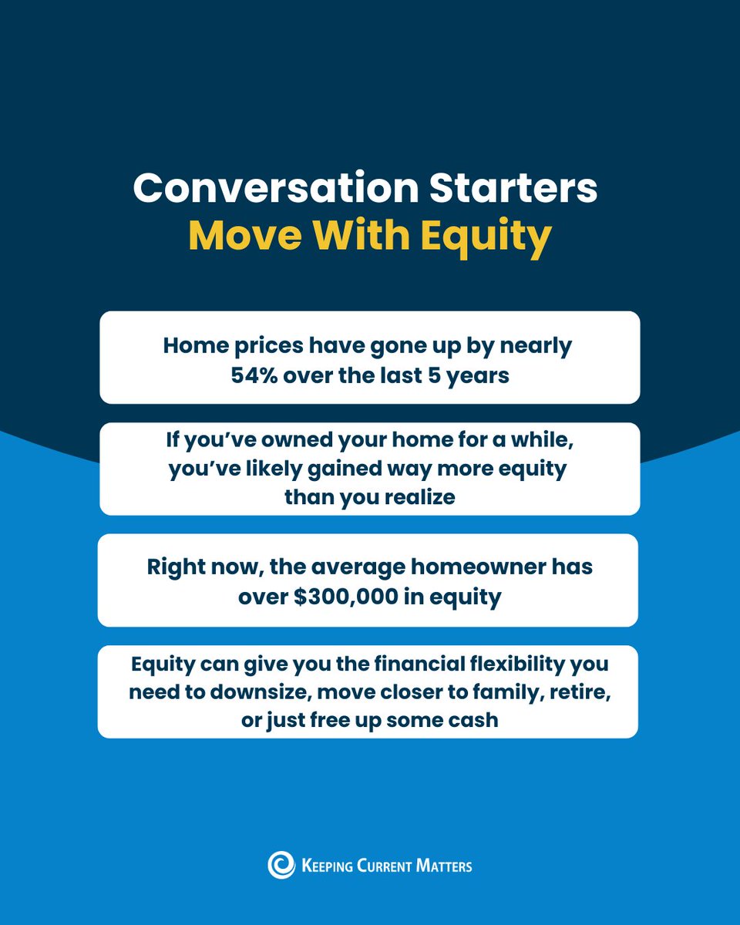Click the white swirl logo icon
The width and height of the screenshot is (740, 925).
point(281,865)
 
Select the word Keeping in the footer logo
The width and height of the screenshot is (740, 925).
point(326,866)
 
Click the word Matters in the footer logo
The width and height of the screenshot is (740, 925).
point(441,866)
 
